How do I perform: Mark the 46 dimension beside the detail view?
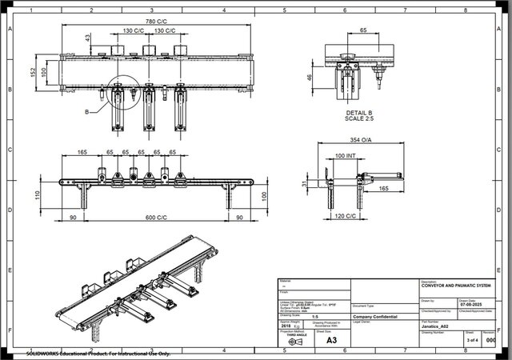tap(309, 78)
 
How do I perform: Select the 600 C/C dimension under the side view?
tap(156, 217)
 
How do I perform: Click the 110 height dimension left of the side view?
tap(36, 194)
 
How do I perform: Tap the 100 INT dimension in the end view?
tap(346, 155)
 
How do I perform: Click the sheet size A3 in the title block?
tap(331, 340)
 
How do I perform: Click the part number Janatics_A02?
tap(439, 327)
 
